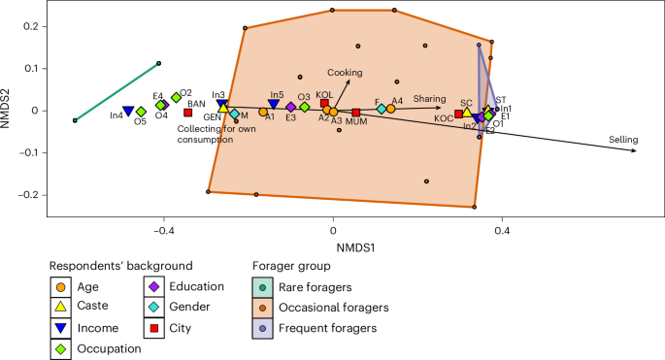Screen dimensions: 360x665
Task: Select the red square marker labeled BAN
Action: click(188, 114)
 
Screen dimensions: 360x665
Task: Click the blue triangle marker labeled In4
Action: click(128, 112)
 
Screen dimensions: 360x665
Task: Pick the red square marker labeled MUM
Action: click(356, 113)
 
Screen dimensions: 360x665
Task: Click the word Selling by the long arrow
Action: click(622, 141)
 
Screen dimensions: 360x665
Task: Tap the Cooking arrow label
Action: click(344, 73)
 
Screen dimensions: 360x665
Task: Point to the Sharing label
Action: click(429, 98)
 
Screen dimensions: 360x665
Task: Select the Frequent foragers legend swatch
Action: click(264, 329)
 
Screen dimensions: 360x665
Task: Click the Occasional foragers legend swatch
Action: click(264, 308)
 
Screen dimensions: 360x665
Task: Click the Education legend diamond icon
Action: click(153, 286)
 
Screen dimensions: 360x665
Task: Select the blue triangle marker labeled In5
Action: click(274, 104)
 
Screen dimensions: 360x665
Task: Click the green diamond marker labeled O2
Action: click(177, 97)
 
